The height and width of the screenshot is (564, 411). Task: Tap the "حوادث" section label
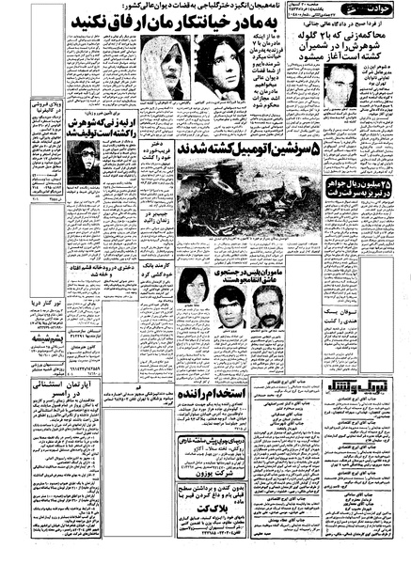pos(375,12)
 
